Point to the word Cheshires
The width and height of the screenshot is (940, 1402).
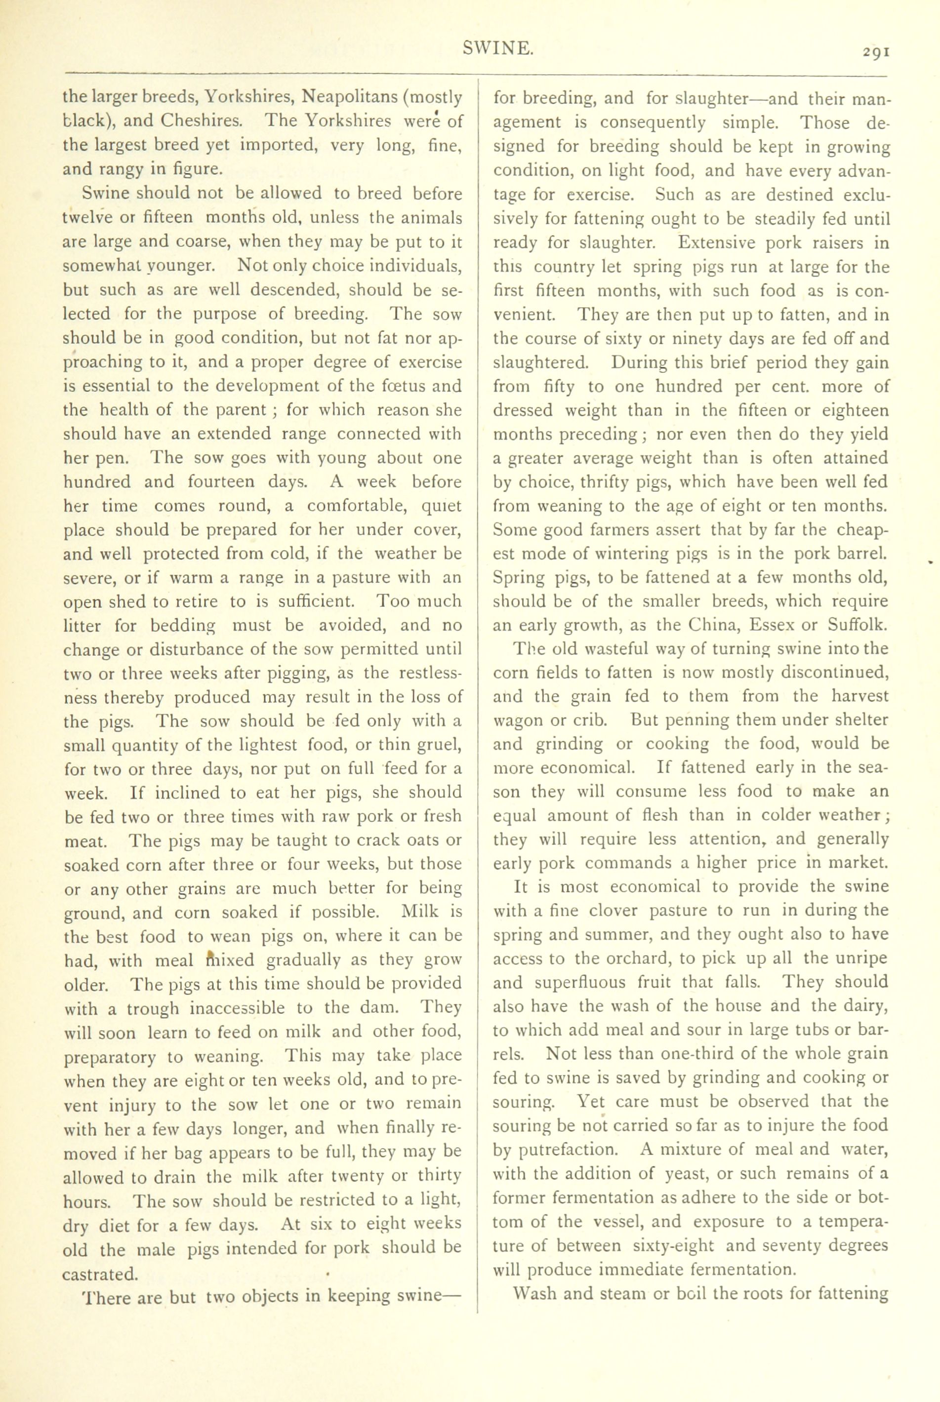202,121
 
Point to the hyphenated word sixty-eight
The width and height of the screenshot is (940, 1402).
674,1245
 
